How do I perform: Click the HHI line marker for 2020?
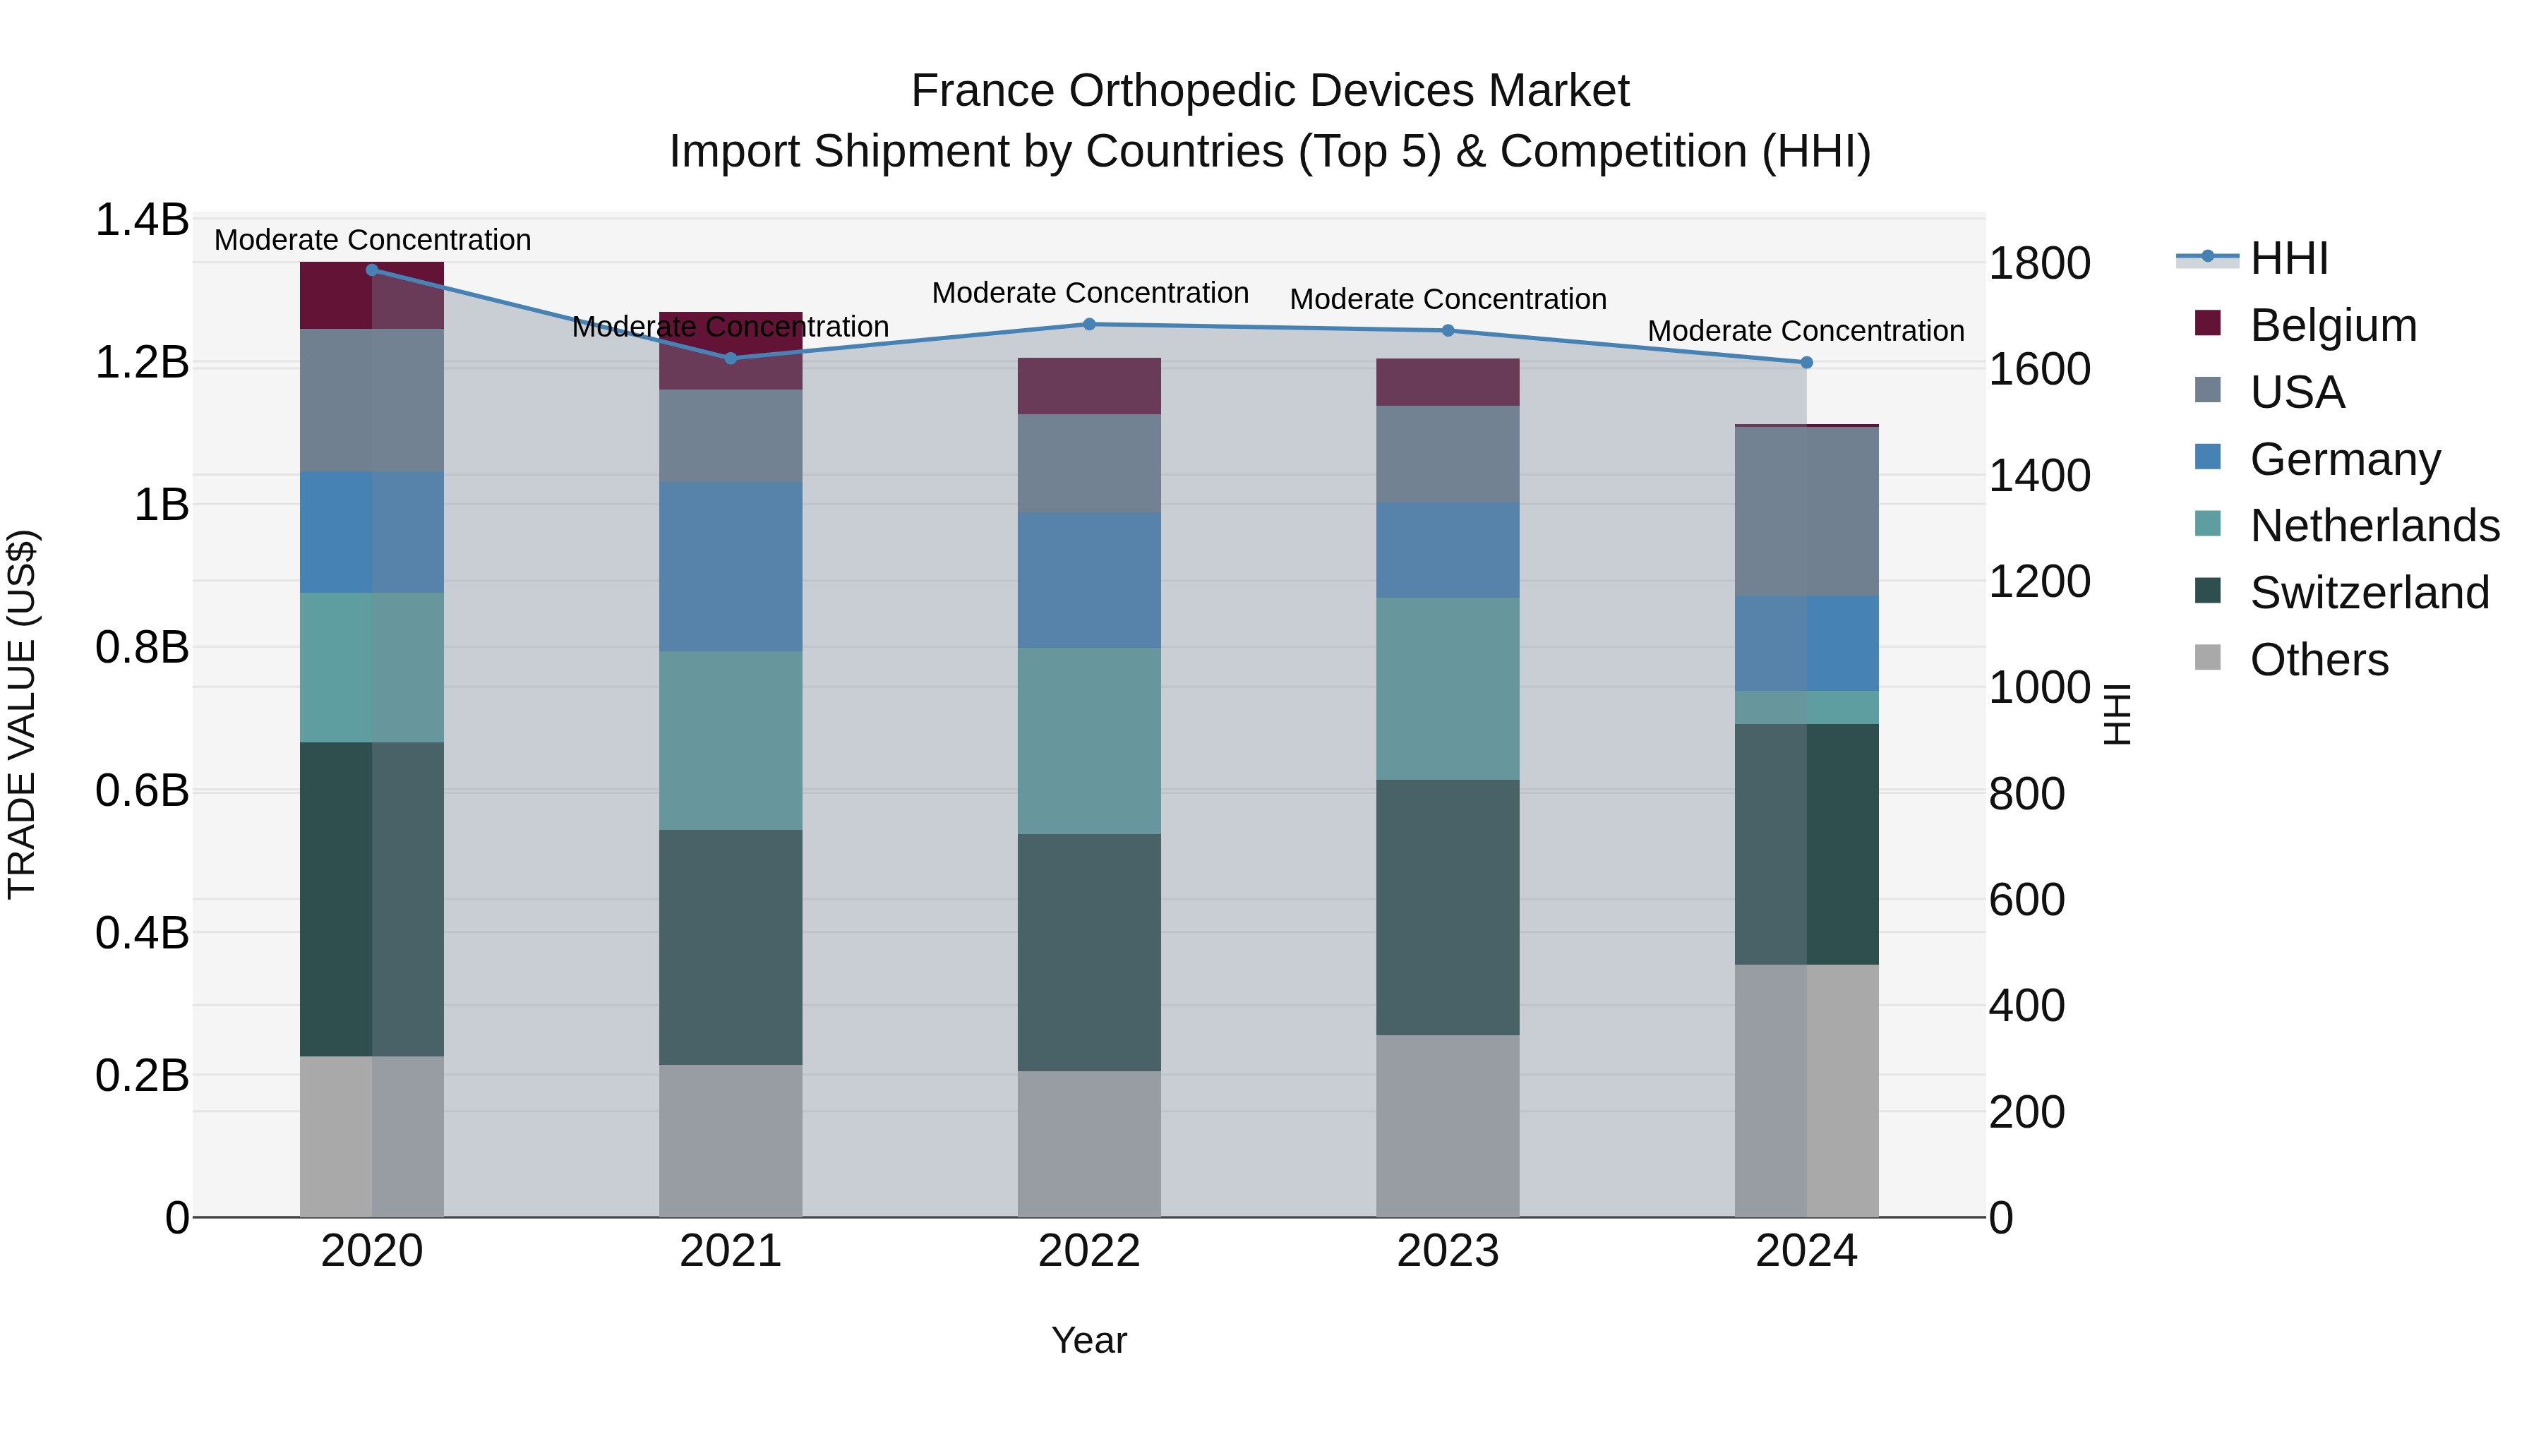click(372, 270)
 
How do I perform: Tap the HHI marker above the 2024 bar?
click(1806, 362)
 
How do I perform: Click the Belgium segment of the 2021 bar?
click(730, 350)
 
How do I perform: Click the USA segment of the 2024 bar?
click(1806, 511)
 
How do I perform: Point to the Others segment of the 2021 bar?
click(730, 1140)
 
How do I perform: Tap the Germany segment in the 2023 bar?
click(1447, 549)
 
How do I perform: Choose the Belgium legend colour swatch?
click(2208, 323)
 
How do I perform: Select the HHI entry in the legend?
click(2288, 258)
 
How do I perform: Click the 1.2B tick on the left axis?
click(142, 363)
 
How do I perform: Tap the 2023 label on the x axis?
click(1447, 1251)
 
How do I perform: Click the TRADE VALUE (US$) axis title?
click(22, 714)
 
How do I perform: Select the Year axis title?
click(1089, 1340)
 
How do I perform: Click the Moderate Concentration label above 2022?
click(1089, 293)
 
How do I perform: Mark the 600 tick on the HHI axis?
click(2026, 900)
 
